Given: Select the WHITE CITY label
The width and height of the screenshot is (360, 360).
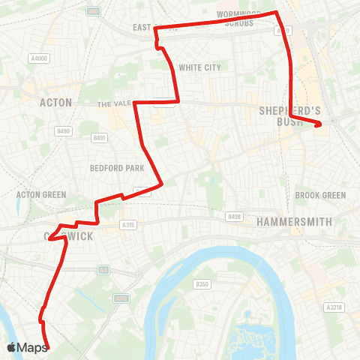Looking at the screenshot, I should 199,67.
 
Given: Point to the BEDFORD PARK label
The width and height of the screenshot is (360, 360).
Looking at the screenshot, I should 110,168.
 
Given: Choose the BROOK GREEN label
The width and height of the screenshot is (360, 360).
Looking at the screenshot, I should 320,195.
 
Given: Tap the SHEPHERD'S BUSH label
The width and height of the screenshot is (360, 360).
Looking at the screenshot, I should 289,115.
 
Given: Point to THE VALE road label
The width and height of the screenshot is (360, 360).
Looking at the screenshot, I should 115,104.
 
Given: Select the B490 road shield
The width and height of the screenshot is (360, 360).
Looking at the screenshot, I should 62,131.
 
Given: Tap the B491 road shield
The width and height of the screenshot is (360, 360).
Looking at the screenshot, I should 99,138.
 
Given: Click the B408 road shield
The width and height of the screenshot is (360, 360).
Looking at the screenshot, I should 235,217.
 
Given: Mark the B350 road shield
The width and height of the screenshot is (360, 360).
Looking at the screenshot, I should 201,284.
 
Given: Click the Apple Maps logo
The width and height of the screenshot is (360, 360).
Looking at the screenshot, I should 27,347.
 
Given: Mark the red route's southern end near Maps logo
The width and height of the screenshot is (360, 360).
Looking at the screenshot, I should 47,346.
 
